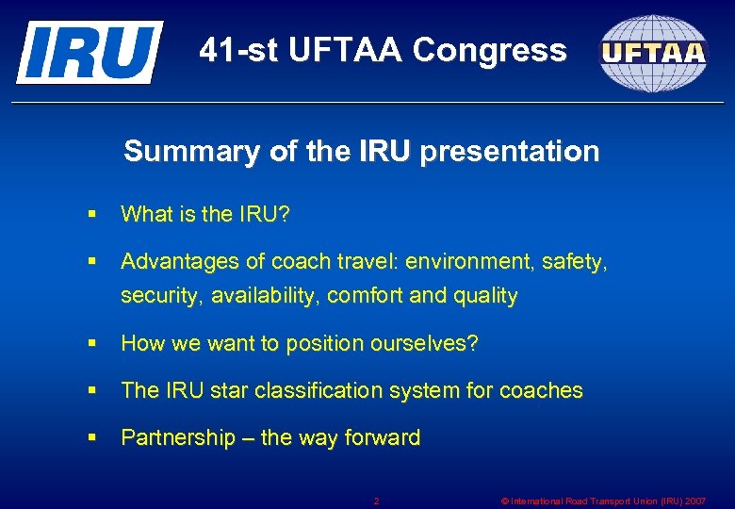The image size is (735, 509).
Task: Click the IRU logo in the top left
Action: pyautogui.click(x=89, y=51)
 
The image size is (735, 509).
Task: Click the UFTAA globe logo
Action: pyautogui.click(x=654, y=53)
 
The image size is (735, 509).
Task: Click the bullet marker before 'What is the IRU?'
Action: pyautogui.click(x=90, y=215)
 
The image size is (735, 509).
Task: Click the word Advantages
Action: pyautogui.click(x=177, y=261)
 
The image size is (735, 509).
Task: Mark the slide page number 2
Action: pyautogui.click(x=376, y=501)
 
